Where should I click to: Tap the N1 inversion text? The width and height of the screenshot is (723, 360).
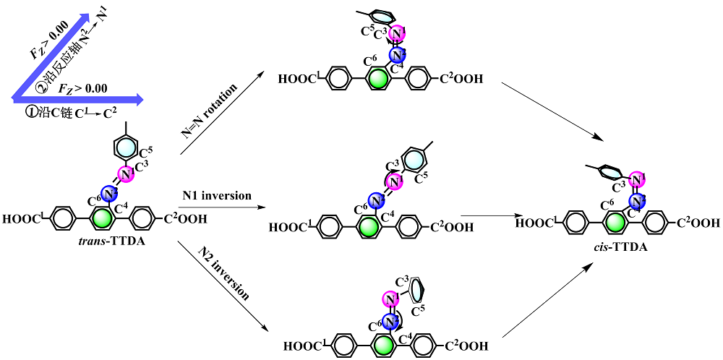tap(217, 195)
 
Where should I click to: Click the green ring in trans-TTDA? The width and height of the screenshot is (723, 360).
tap(103, 218)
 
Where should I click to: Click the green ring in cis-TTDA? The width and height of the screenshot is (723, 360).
tap(615, 223)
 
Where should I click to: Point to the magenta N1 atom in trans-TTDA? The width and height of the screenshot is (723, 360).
tap(126, 173)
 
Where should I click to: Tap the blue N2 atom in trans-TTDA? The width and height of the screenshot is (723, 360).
tap(108, 193)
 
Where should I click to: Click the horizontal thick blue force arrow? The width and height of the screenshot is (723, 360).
tap(80, 98)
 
